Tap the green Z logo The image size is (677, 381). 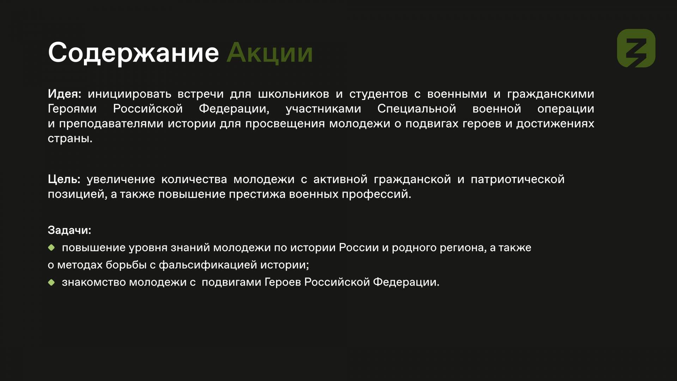(636, 48)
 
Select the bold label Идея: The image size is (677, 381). (65, 94)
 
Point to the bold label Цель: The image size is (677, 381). (64, 180)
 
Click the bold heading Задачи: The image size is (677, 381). (69, 230)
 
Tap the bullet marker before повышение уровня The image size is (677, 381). (51, 248)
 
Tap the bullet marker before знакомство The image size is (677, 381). (51, 282)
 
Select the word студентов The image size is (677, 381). (378, 94)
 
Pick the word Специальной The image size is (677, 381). (417, 109)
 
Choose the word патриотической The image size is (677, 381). (518, 180)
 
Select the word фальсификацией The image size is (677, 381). (208, 265)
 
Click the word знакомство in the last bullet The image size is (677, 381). (94, 283)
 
